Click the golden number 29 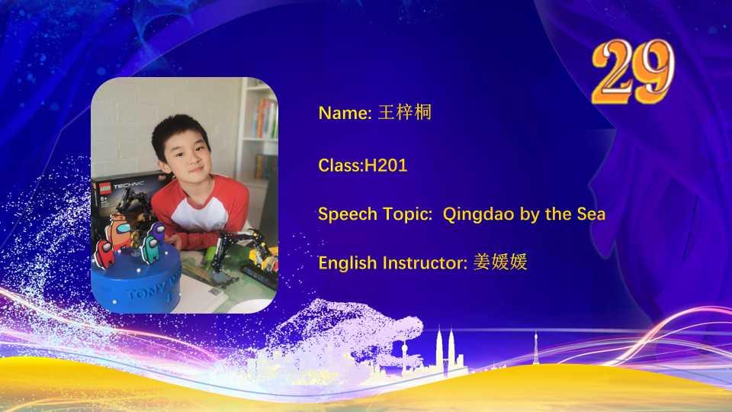(633, 71)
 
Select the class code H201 (386, 166)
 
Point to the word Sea (591, 214)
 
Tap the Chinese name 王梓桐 (405, 113)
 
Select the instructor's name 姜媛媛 (500, 262)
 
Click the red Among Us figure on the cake (105, 254)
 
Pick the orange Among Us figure (119, 232)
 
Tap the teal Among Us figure (150, 249)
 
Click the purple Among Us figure (157, 233)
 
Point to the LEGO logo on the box (105, 188)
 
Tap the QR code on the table (215, 292)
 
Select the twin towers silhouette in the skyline (445, 350)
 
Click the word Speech (348, 214)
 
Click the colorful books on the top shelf (265, 119)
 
